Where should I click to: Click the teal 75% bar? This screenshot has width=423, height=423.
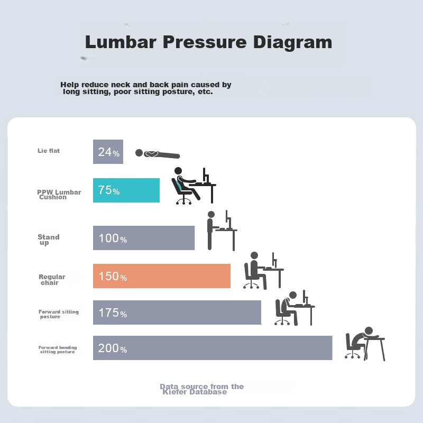pyautogui.click(x=126, y=190)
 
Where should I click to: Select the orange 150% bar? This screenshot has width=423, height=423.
pyautogui.click(x=162, y=276)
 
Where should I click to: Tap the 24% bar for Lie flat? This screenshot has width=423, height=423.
pyautogui.click(x=108, y=152)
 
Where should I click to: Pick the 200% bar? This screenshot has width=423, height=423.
pyautogui.click(x=213, y=348)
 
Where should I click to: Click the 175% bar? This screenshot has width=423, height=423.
pyautogui.click(x=177, y=312)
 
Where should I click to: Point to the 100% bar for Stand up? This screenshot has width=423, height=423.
pyautogui.click(x=144, y=238)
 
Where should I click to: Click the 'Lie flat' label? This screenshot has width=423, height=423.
pyautogui.click(x=49, y=151)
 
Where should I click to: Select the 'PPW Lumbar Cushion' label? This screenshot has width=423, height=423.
pyautogui.click(x=59, y=195)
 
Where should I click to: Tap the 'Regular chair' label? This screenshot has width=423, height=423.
pyautogui.click(x=52, y=280)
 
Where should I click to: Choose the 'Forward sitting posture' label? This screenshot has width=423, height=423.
pyautogui.click(x=59, y=314)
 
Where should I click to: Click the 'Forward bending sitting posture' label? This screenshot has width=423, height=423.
pyautogui.click(x=58, y=350)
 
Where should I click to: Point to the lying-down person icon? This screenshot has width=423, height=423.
pyautogui.click(x=158, y=154)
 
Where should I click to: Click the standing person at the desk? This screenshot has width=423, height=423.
pyautogui.click(x=210, y=231)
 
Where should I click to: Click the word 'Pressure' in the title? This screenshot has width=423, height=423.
pyautogui.click(x=205, y=42)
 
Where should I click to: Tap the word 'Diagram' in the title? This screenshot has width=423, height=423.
pyautogui.click(x=293, y=42)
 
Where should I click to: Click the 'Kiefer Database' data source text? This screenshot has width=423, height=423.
pyautogui.click(x=195, y=392)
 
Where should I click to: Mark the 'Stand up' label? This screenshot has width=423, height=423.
pyautogui.click(x=49, y=240)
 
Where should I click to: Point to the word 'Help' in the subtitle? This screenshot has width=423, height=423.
pyautogui.click(x=70, y=85)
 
